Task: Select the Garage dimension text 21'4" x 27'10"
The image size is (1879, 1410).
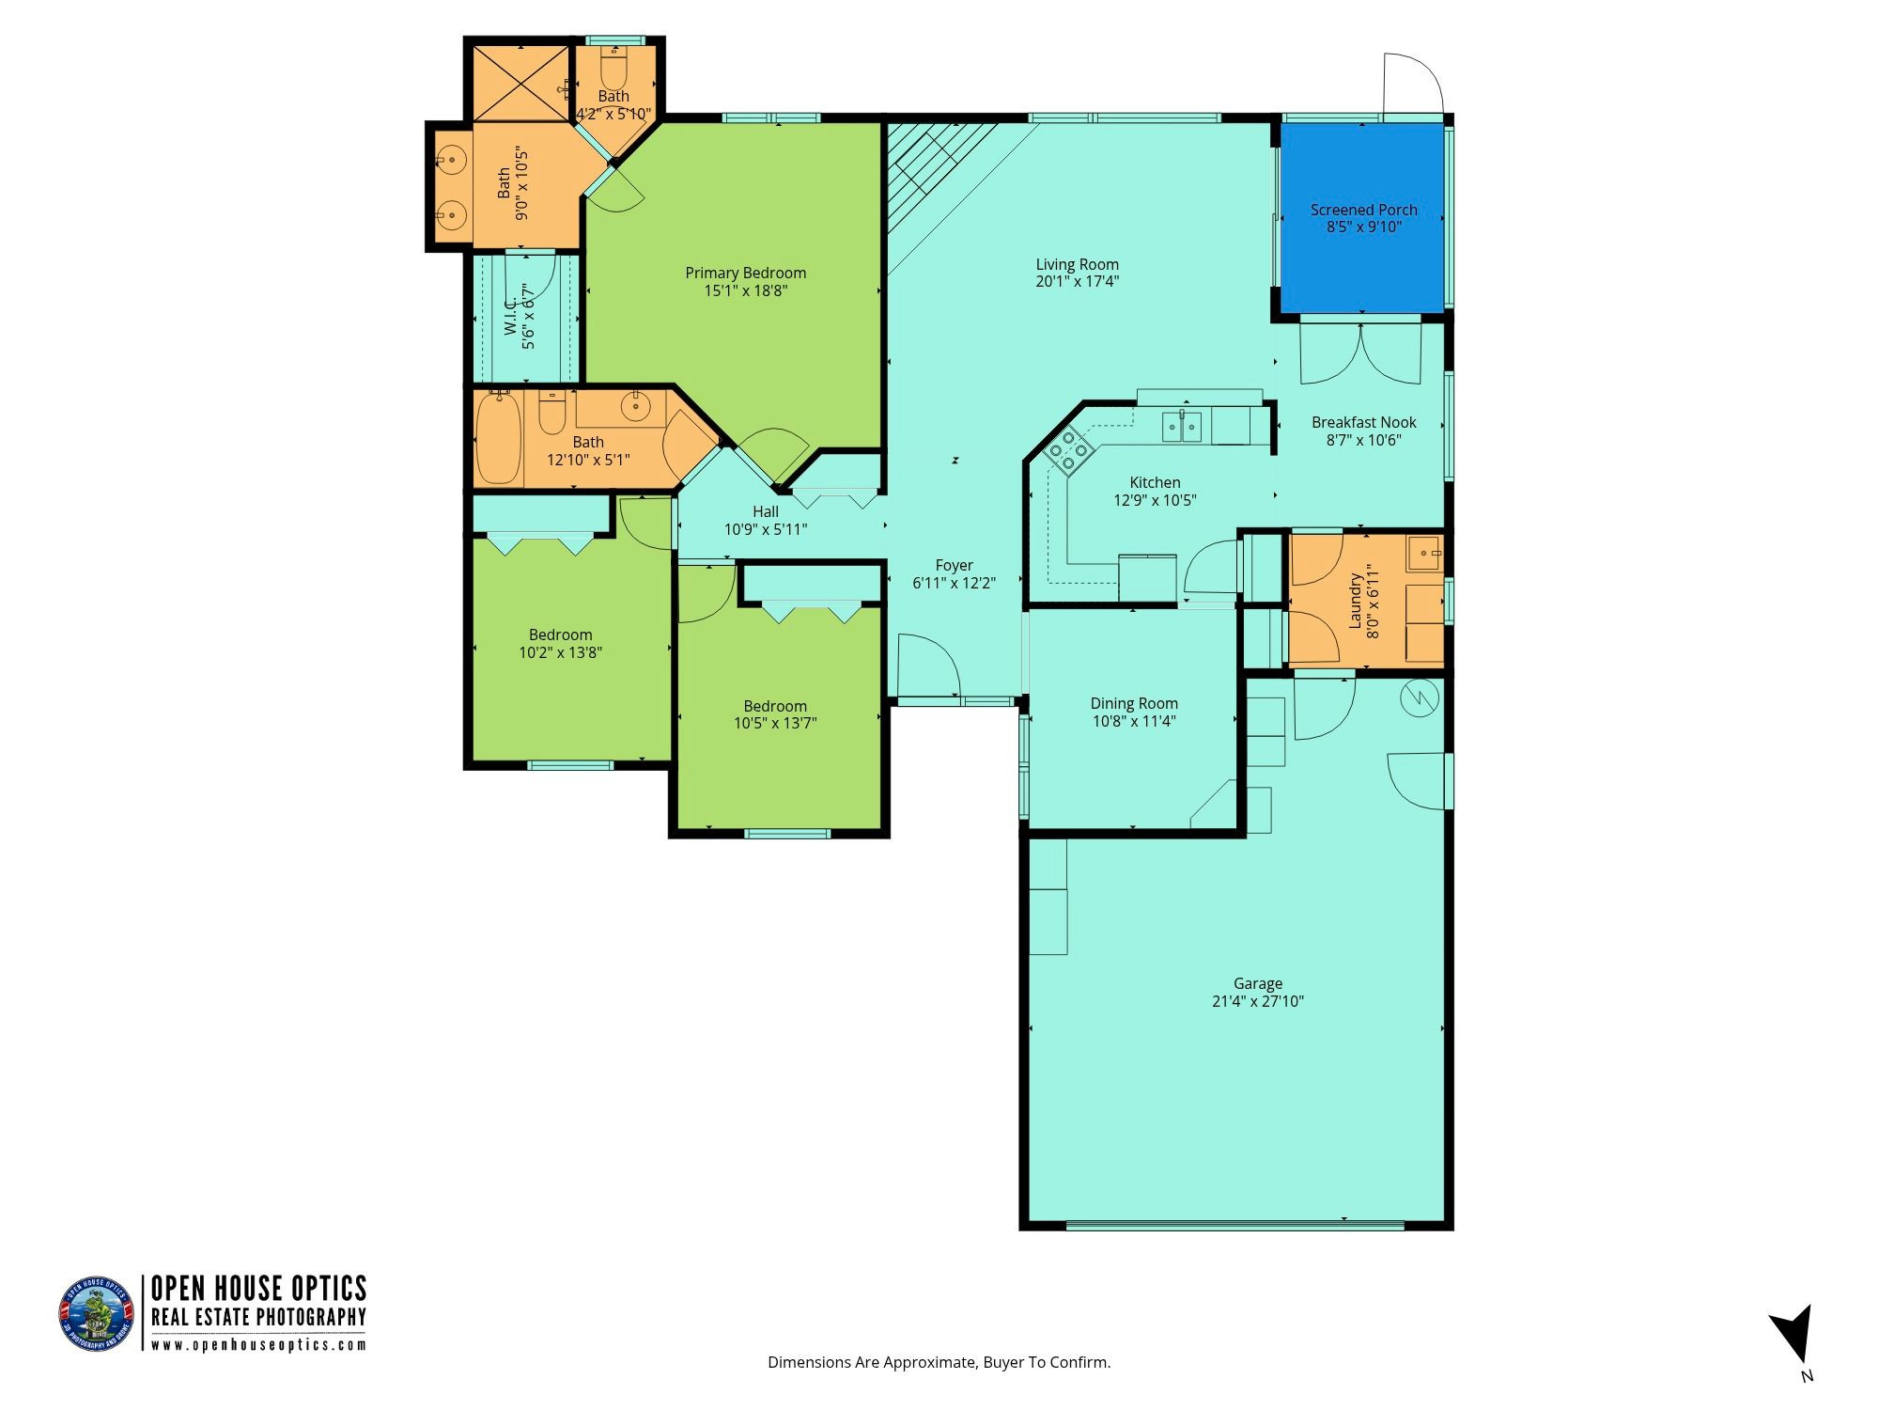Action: [x=1257, y=1001]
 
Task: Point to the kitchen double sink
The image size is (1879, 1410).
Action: [x=1182, y=427]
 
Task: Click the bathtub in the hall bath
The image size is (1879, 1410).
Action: [x=499, y=439]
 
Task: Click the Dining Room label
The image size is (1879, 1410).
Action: [x=1134, y=703]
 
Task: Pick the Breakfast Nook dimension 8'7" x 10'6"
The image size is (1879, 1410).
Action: [x=1363, y=440]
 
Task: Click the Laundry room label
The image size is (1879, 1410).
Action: [x=1355, y=601]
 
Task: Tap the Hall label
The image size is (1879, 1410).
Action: [x=765, y=511]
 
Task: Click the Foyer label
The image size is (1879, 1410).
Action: [x=954, y=565]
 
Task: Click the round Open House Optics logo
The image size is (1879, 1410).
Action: [x=97, y=1314]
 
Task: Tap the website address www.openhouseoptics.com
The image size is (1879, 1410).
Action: [x=258, y=1345]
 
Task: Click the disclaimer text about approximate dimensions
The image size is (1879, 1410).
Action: [x=939, y=1362]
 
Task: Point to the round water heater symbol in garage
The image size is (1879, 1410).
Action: [x=1420, y=697]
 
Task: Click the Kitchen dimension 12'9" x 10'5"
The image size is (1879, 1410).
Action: [x=1155, y=500]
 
